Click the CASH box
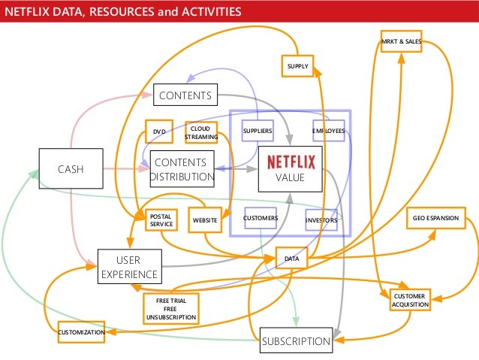(x=71, y=169)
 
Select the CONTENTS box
(x=185, y=95)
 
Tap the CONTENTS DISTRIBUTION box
(x=182, y=170)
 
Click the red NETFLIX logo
(x=291, y=161)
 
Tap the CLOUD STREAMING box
(x=200, y=133)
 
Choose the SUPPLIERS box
(x=258, y=132)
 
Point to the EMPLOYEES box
(x=328, y=132)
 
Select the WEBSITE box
(x=205, y=219)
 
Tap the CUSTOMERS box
(x=261, y=218)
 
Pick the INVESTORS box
(x=321, y=220)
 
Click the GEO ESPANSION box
(x=435, y=218)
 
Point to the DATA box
(x=292, y=259)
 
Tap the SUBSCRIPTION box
(x=296, y=341)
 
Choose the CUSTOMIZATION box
(x=81, y=331)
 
